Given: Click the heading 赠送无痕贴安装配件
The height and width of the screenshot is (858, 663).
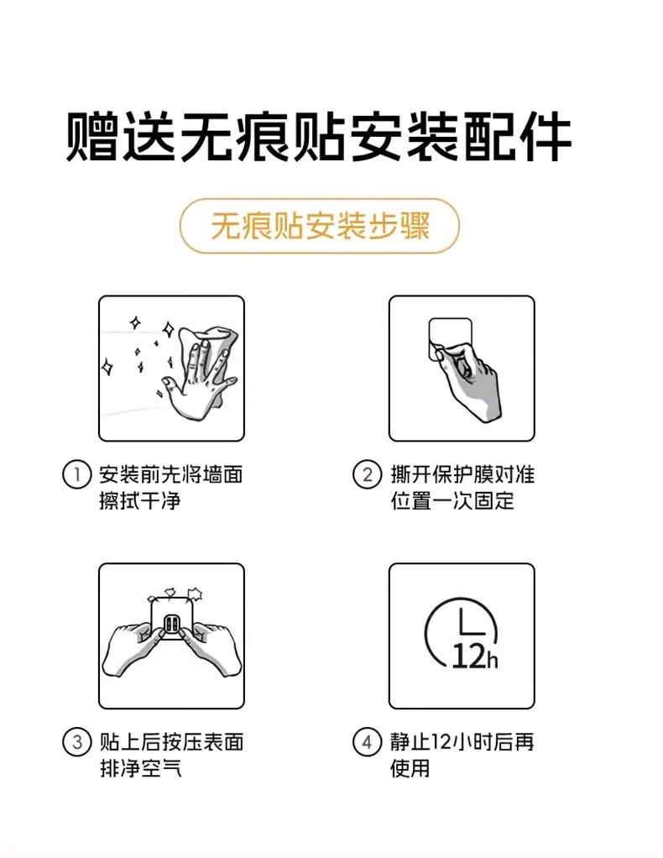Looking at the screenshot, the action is [x=319, y=137].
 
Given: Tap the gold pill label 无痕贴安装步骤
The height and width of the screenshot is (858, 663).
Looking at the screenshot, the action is [x=320, y=226].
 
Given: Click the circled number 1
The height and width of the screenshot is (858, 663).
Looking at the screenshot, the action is [x=76, y=474].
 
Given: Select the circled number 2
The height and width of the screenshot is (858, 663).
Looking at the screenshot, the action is [x=367, y=474].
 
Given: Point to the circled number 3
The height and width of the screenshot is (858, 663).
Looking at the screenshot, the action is [x=76, y=742].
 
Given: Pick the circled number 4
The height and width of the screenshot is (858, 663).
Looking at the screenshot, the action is [x=367, y=742].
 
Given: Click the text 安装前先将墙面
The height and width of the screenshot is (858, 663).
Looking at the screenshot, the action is [x=171, y=474].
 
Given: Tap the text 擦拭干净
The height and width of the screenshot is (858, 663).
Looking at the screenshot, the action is [x=140, y=500].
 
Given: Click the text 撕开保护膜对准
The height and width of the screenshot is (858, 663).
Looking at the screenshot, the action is [x=462, y=474].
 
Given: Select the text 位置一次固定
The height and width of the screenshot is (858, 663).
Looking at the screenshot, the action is [x=452, y=500].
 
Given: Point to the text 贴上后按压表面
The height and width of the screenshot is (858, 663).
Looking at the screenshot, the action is [x=171, y=742].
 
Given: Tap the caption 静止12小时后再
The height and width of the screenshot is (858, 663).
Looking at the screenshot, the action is [x=462, y=742].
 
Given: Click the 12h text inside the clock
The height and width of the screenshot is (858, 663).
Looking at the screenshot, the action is [x=475, y=656].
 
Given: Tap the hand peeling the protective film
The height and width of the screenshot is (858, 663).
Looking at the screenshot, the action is [x=469, y=380].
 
